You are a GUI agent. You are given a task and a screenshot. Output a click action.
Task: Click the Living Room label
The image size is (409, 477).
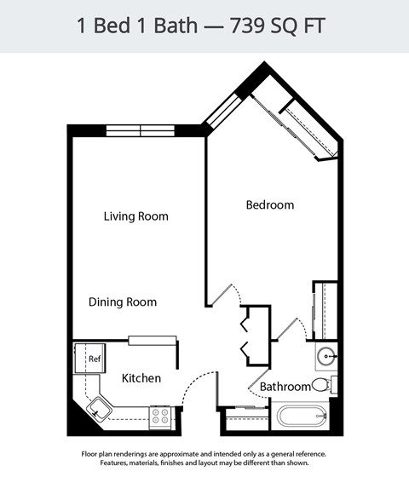pyautogui.click(x=135, y=216)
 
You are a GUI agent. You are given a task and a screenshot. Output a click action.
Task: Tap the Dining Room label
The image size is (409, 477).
pyautogui.click(x=123, y=302)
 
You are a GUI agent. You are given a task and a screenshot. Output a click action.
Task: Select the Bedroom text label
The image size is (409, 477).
pyautogui.click(x=269, y=205)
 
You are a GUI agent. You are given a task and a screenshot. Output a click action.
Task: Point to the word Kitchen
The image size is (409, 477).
pyautogui.click(x=141, y=378)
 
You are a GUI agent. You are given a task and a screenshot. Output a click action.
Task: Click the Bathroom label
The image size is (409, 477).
pyautogui.click(x=285, y=387)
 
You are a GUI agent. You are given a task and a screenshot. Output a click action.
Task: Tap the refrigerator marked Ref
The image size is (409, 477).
pyautogui.click(x=89, y=358)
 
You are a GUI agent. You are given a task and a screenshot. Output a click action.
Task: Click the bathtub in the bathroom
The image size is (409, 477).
pyautogui.click(x=302, y=417)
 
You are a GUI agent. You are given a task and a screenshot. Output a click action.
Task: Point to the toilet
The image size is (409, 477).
pyautogui.click(x=323, y=384)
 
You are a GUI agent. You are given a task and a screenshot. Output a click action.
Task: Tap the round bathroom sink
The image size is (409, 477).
pyautogui.click(x=326, y=355)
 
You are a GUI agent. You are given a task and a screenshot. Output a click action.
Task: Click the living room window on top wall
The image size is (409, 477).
pyautogui.click(x=140, y=130)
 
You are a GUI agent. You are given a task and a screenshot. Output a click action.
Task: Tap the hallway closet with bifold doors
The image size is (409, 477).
pyautogui.click(x=256, y=335)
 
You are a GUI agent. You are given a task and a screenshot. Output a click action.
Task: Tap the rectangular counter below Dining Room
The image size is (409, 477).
pyautogui.click(x=153, y=341)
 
